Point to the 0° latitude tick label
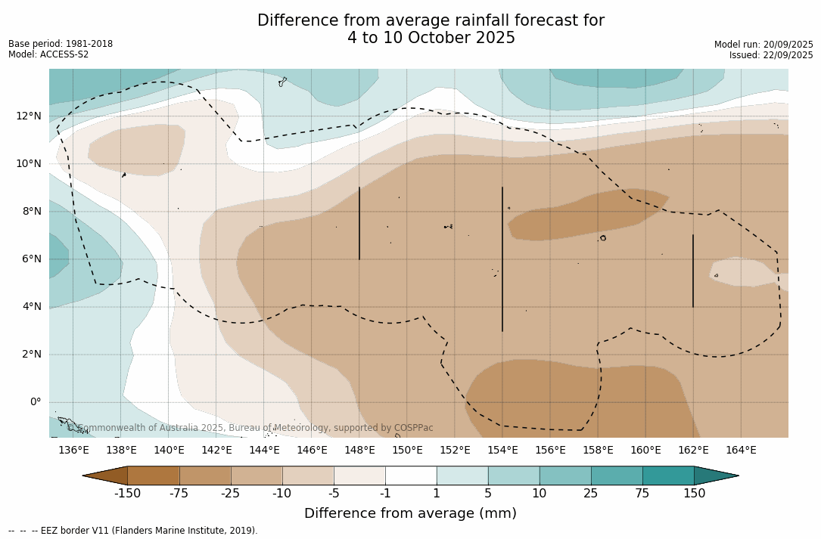pyautogui.click(x=35, y=402)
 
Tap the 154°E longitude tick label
pyautogui.click(x=502, y=451)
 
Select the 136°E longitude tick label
pyautogui.click(x=73, y=451)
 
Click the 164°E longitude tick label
pyautogui.click(x=741, y=451)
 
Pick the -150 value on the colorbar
pyautogui.click(x=128, y=494)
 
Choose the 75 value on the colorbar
pyautogui.click(x=642, y=494)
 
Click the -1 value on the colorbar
pyautogui.click(x=385, y=494)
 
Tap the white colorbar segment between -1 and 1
pyautogui.click(x=411, y=475)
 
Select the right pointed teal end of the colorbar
pyautogui.click(x=716, y=475)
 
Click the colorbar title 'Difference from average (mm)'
pyautogui.click(x=410, y=514)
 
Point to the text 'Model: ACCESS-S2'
pyautogui.click(x=48, y=54)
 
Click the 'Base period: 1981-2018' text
pyautogui.click(x=61, y=44)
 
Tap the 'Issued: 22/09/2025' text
pyautogui.click(x=771, y=55)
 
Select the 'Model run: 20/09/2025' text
pyautogui.click(x=763, y=45)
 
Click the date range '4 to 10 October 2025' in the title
pyautogui.click(x=431, y=38)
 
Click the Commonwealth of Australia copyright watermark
pyautogui.click(x=250, y=428)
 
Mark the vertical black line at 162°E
pyautogui.click(x=692, y=271)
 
